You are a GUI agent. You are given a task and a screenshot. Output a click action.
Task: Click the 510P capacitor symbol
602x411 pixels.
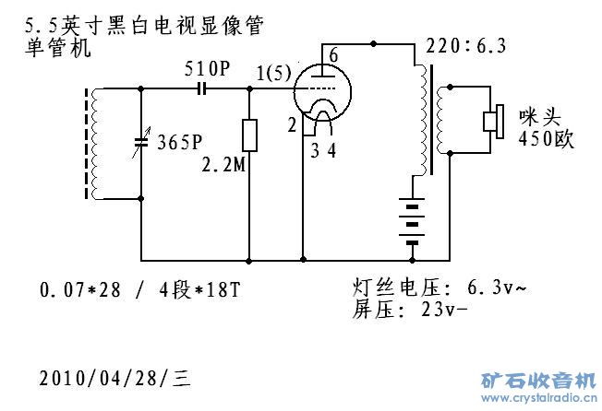(x=201, y=88)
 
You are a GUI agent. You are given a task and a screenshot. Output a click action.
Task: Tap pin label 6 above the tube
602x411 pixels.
(x=333, y=55)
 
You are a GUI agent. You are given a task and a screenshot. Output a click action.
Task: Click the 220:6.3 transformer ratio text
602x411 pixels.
(x=464, y=45)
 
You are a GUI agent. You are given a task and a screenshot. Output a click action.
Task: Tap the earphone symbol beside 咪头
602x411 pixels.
(x=492, y=121)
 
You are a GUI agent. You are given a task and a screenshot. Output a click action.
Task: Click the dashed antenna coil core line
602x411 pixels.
(x=90, y=143)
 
